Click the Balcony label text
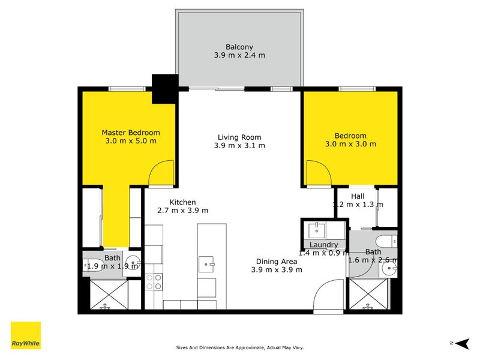tap(239, 46)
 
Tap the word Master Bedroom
tap(131, 133)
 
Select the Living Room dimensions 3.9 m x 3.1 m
tap(240, 145)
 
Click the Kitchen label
tap(182, 202)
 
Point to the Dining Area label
tap(276, 261)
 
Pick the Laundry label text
tap(323, 245)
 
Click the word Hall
tap(358, 196)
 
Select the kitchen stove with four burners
tap(154, 281)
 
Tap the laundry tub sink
tap(315, 229)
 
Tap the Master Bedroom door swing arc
tap(161, 175)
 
